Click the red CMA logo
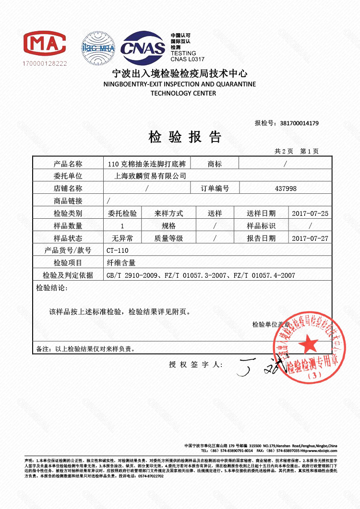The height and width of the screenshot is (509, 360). (x=45, y=44)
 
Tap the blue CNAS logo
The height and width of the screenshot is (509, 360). (x=142, y=47)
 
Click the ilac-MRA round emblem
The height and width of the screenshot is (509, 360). (x=98, y=48)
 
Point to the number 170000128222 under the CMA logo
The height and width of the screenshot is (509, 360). (x=45, y=63)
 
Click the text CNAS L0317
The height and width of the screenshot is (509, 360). (x=188, y=59)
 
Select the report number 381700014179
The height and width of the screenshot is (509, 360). (x=299, y=123)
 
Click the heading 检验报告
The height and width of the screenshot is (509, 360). (x=185, y=138)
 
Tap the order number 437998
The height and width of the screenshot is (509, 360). (x=286, y=189)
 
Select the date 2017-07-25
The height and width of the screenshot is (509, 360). (x=310, y=213)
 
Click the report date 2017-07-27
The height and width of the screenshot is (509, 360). (x=310, y=238)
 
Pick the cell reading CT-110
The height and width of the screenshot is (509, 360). (x=118, y=250)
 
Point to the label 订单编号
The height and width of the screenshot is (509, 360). (x=215, y=189)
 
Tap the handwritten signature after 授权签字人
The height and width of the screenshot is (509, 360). (x=254, y=367)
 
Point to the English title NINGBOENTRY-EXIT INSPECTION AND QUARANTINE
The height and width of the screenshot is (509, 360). (x=180, y=84)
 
